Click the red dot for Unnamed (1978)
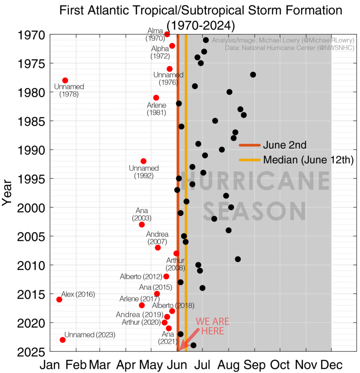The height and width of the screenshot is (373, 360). [65, 80]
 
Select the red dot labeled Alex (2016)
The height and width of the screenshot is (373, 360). [59, 299]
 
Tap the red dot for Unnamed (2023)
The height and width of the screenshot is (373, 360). [63, 340]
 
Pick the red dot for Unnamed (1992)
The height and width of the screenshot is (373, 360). [144, 161]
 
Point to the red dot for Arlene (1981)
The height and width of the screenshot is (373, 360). [156, 98]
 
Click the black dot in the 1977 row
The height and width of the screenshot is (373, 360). [253, 75]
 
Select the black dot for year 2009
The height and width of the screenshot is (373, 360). [238, 259]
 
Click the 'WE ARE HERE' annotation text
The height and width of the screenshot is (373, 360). [212, 326]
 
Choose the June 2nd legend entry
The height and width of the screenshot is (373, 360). [285, 145]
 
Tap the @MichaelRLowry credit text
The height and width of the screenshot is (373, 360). [309, 40]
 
